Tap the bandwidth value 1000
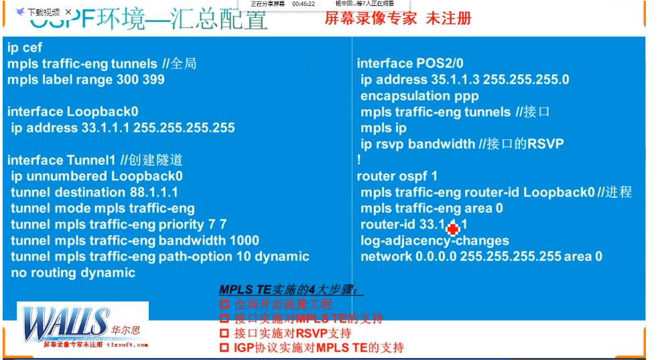pos(244,241)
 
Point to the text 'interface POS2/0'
pos(409,64)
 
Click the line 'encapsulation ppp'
pos(419,96)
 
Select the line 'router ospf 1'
pos(397,176)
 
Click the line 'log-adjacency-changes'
pos(434,241)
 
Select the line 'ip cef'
pos(25,48)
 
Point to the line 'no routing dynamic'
pos(72,273)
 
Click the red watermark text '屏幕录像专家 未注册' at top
pos(398,19)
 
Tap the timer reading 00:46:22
pos(304,3)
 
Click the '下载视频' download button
pos(39,11)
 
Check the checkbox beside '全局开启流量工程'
pos(224,305)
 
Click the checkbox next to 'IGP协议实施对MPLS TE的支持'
pos(224,348)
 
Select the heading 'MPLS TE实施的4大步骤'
pos(292,290)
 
